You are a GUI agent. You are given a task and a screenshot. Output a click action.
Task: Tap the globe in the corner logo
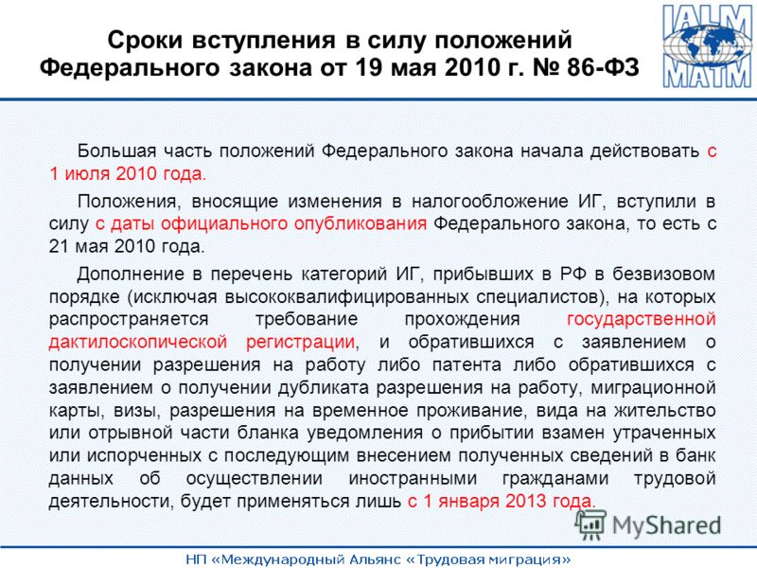click(x=708, y=46)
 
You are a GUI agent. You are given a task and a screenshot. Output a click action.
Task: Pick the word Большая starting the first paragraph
click(x=116, y=151)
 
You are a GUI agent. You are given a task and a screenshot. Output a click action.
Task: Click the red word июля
click(x=87, y=174)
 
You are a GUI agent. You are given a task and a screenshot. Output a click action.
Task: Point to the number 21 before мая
click(x=59, y=246)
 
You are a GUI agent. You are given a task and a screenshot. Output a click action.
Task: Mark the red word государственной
click(x=642, y=319)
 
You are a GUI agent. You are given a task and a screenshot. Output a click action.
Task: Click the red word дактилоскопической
click(x=138, y=342)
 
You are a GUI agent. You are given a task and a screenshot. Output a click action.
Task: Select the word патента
click(x=467, y=364)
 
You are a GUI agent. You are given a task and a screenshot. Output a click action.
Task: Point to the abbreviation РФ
click(x=573, y=274)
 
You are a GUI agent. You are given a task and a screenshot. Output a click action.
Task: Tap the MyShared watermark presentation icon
click(x=590, y=524)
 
